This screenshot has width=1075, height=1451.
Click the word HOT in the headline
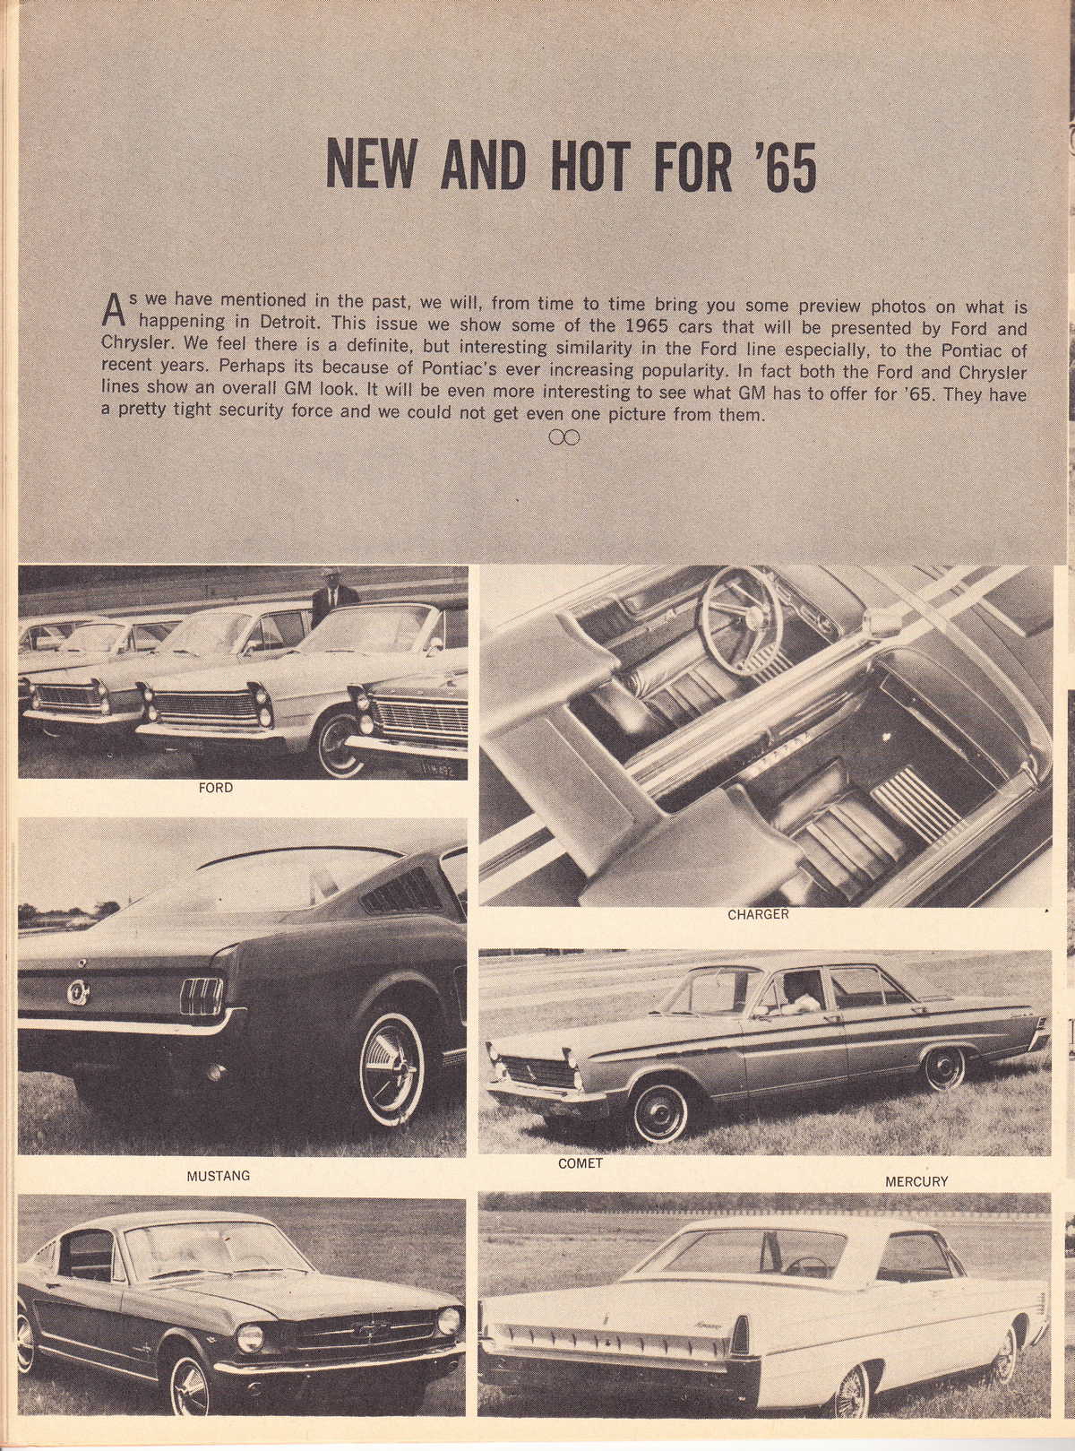[583, 165]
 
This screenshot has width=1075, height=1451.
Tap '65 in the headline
[780, 166]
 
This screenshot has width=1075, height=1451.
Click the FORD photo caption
[215, 788]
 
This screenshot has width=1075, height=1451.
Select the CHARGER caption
[758, 914]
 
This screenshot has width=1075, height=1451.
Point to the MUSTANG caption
[218, 1175]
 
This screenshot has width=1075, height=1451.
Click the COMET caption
[580, 1163]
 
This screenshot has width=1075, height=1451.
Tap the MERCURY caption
[916, 1181]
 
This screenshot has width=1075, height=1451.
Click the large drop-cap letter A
[113, 310]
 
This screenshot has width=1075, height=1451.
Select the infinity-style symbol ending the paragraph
[564, 437]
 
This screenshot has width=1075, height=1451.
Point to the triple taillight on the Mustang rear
[202, 996]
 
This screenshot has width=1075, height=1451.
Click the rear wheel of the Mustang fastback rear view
[391, 1067]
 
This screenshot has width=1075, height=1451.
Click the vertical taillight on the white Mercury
[741, 1336]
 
